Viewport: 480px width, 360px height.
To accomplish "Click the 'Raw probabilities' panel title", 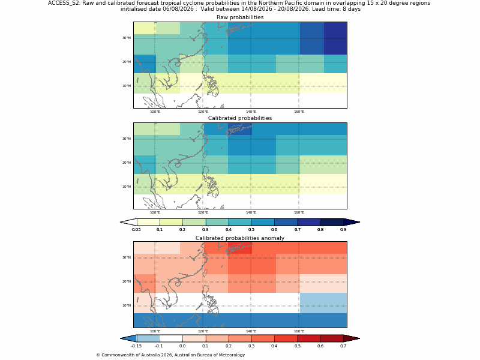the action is (240, 17).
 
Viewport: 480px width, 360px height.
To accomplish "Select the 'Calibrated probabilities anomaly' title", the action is (240, 238).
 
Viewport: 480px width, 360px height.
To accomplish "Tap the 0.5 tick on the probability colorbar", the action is (251, 230).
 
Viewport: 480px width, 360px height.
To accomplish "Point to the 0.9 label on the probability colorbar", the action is (343, 230).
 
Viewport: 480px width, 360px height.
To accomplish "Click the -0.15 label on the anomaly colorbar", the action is (137, 346).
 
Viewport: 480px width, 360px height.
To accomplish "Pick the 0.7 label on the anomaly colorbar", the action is (343, 346).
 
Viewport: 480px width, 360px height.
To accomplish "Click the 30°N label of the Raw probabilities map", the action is (127, 38).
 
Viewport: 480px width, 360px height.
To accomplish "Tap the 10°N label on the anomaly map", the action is (127, 305).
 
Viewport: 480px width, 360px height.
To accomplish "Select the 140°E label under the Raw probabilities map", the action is (251, 112).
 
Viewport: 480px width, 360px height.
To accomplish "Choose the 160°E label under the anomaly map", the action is (299, 331).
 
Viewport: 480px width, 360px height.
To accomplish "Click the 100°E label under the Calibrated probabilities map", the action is (155, 212).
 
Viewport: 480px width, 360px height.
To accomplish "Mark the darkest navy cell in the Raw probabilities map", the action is (335, 38).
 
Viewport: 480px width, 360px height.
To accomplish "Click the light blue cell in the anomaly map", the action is (323, 303).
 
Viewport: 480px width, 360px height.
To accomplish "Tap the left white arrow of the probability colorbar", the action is (128, 222).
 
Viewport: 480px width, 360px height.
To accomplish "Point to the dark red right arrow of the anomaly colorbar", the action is (352, 338).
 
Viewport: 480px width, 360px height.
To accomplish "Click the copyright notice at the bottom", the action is (170, 355).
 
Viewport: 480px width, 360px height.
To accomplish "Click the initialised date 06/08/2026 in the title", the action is (179, 9).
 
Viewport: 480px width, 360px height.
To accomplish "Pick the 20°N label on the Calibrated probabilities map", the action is (127, 163).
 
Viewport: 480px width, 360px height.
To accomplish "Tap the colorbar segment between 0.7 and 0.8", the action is (309, 222).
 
